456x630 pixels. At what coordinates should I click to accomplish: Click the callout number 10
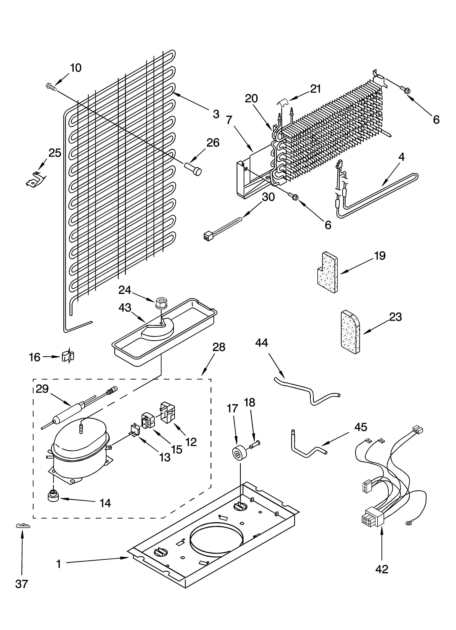(76, 68)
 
